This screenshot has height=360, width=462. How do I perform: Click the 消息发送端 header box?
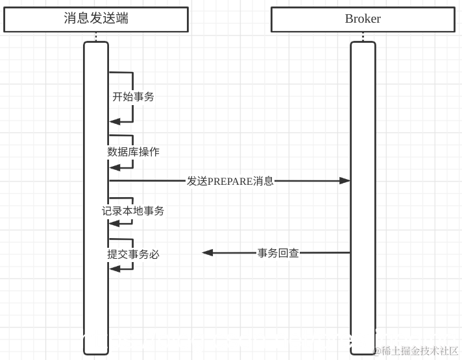pyautogui.click(x=96, y=19)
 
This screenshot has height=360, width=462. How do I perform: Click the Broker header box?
pyautogui.click(x=363, y=19)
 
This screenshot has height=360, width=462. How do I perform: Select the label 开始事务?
pyautogui.click(x=133, y=97)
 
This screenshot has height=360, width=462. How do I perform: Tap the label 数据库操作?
pyautogui.click(x=133, y=152)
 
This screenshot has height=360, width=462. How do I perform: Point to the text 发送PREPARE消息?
pyautogui.click(x=230, y=181)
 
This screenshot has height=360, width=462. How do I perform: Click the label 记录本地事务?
pyautogui.click(x=133, y=211)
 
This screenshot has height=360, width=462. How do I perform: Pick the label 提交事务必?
pyautogui.click(x=133, y=254)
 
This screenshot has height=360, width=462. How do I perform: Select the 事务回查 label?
pyautogui.click(x=278, y=253)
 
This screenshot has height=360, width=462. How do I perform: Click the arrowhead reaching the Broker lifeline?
pyautogui.click(x=345, y=181)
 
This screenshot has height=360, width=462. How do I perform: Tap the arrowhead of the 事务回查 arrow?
pyautogui.click(x=208, y=253)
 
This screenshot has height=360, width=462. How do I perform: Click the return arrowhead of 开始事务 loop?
pyautogui.click(x=115, y=121)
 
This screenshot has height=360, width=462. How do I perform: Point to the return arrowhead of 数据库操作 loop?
pyautogui.click(x=115, y=167)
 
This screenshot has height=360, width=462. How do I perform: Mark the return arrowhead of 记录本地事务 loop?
pyautogui.click(x=115, y=223)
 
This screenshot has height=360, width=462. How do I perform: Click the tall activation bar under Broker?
pyautogui.click(x=363, y=195)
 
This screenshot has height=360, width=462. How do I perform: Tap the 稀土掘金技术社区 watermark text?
pyautogui.click(x=419, y=351)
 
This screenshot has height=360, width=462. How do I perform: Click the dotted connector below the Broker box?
pyautogui.click(x=363, y=37)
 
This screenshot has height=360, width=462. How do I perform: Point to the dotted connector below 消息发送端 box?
pyautogui.click(x=96, y=37)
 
